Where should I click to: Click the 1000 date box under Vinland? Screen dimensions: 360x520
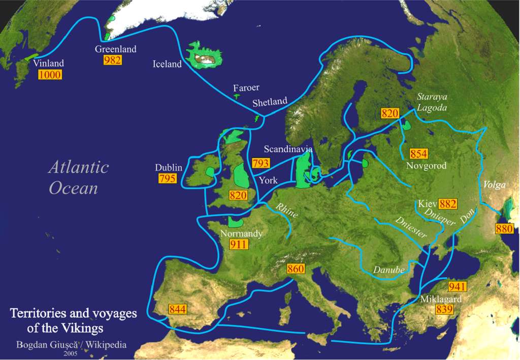coord(50,75)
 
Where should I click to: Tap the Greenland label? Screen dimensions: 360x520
coord(116,49)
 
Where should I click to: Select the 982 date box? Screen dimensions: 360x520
coord(112,60)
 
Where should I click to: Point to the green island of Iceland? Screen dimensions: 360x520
coord(205,56)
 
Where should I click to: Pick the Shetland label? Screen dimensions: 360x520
coord(270,102)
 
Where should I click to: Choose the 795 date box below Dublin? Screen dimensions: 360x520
coord(167,178)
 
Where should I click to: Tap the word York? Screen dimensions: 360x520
coord(268,180)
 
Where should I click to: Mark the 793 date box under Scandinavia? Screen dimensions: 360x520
coord(261,163)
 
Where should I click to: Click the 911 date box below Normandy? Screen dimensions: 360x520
coord(238,244)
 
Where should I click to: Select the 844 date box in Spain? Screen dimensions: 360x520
coord(178,309)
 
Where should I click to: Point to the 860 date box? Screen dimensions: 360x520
coord(296,269)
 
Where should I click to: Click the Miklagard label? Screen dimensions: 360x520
coord(441,299)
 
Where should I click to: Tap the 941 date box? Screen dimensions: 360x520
coord(457,286)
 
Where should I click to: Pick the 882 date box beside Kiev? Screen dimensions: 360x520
coord(447,204)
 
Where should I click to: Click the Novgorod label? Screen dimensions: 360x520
coord(426,166)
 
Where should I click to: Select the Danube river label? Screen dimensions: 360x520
coord(389,270)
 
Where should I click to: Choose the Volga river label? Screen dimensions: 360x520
coord(495,185)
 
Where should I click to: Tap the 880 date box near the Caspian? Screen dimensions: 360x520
coord(504,228)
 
